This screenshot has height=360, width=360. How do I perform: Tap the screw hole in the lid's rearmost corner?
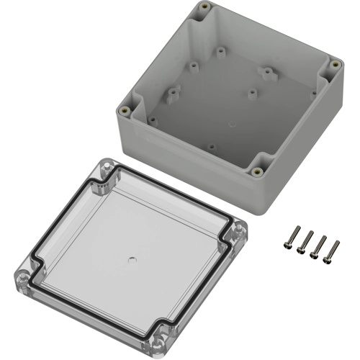pos(102,168)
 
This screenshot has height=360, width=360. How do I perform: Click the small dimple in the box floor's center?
pos(230,124)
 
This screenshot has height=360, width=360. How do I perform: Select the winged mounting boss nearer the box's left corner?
pos(173,93)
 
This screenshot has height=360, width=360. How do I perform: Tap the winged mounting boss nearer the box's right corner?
pos(268,71)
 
